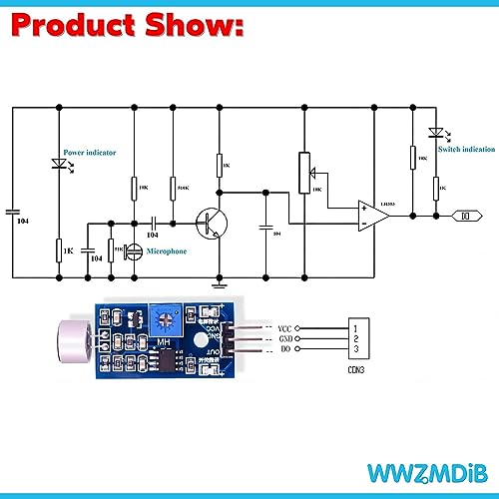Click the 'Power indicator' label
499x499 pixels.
click(90, 153)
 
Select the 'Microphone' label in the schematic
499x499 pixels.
click(167, 251)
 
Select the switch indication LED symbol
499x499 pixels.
click(434, 133)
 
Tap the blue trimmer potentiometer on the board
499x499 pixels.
click(165, 320)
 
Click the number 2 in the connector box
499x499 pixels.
click(357, 339)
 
